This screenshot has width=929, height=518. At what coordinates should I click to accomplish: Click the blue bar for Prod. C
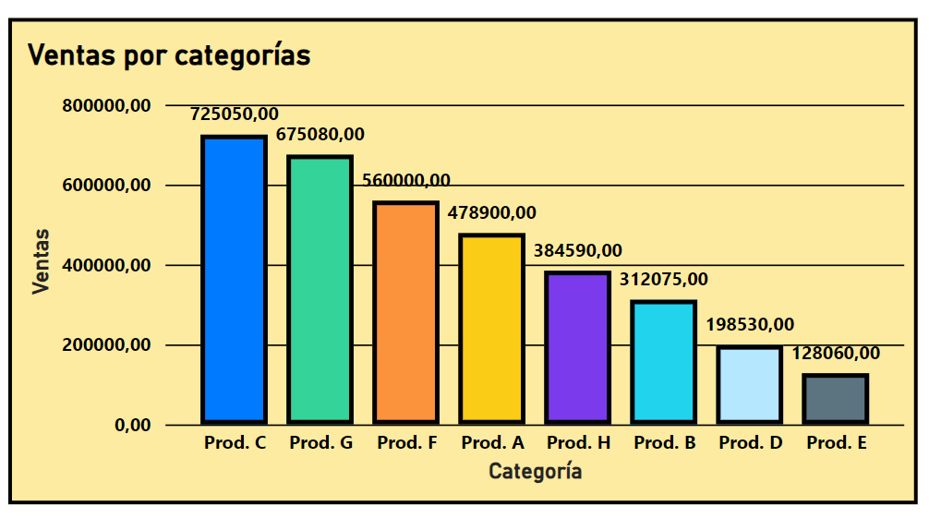(x=235, y=280)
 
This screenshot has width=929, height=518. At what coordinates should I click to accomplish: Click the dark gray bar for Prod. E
(x=836, y=399)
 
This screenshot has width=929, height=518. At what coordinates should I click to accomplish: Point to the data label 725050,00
(x=235, y=114)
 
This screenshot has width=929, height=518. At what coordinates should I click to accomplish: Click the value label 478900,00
(x=492, y=212)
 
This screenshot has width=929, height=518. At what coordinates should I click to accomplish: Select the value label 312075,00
(x=664, y=279)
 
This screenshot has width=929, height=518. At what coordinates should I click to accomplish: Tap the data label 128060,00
(x=836, y=353)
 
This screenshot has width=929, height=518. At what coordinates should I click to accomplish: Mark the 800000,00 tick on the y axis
(x=106, y=106)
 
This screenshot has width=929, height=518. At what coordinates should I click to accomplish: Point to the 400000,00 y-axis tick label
(x=106, y=266)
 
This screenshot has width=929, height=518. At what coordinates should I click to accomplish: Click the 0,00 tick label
(x=133, y=426)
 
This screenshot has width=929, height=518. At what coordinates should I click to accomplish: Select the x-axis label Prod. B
(x=664, y=443)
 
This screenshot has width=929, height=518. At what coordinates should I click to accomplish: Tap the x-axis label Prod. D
(x=750, y=443)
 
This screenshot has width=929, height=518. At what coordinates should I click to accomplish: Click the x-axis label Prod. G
(x=320, y=443)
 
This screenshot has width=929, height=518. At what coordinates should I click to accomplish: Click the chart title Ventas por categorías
(x=169, y=55)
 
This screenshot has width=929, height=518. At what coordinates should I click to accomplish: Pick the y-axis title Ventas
(x=41, y=262)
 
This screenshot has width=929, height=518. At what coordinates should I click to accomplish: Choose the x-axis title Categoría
(x=536, y=472)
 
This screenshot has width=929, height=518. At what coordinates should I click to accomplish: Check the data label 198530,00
(x=750, y=325)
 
